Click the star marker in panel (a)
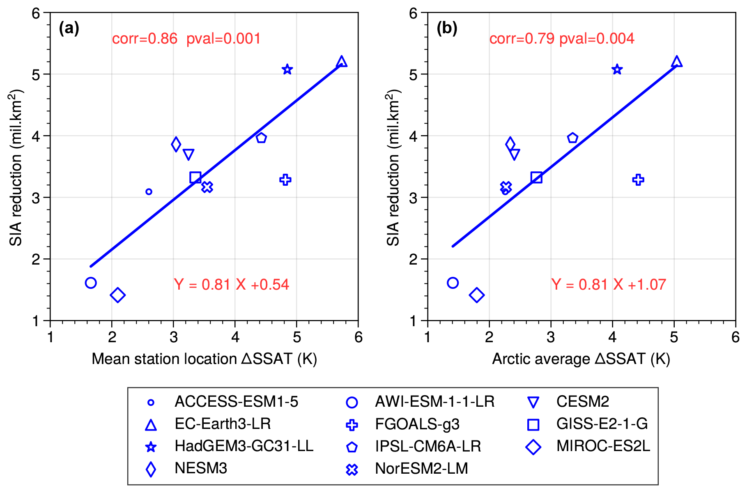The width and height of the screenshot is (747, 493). (x=287, y=69)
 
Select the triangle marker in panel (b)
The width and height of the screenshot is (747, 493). (x=676, y=62)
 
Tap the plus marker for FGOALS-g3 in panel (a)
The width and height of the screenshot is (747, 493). (x=285, y=180)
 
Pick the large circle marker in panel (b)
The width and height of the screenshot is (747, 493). (x=453, y=283)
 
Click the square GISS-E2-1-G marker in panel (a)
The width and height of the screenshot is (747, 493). (x=195, y=177)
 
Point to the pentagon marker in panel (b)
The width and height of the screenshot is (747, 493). (x=572, y=138)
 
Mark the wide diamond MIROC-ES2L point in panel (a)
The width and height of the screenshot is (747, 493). (x=117, y=295)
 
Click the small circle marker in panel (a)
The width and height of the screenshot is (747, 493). (x=149, y=191)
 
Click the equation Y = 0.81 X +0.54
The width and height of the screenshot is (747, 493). (x=232, y=284)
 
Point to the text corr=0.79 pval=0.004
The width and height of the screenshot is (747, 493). (x=562, y=39)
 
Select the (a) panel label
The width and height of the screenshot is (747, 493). (x=69, y=28)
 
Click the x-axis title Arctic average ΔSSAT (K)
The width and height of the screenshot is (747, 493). (x=581, y=359)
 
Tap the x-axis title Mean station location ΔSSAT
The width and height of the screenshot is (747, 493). (x=204, y=359)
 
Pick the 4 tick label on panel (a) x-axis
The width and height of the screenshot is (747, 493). (x=235, y=338)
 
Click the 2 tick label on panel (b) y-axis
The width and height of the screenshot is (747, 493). (x=413, y=259)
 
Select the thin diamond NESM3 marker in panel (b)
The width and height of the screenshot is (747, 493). (x=510, y=144)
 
